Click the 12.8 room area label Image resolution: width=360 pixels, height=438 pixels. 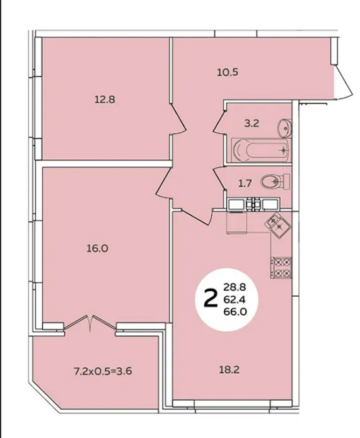click(105, 100)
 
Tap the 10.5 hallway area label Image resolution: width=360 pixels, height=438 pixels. click(228, 72)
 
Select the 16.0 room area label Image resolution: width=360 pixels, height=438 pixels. click(97, 248)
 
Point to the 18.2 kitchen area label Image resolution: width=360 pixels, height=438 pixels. click(229, 370)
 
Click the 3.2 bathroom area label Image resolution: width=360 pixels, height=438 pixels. click(252, 123)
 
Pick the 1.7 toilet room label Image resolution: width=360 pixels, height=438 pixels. click(245, 183)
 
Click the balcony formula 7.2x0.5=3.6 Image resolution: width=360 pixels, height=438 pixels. click(103, 371)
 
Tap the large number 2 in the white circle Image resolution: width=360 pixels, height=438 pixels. click(211, 298)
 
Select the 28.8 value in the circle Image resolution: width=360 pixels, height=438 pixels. click(235, 287)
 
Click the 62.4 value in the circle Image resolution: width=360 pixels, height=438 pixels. click(235, 299)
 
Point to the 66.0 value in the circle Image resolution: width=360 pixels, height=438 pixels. click(235, 311)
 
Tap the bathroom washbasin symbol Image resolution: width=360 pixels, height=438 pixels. click(284, 128)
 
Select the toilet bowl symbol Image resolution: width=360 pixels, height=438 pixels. click(276, 182)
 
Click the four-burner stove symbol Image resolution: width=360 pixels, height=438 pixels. click(281, 267)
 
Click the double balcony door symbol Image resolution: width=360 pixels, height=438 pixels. click(90, 323)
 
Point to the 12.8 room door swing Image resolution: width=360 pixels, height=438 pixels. click(178, 118)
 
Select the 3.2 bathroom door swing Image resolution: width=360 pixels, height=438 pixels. click(219, 121)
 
